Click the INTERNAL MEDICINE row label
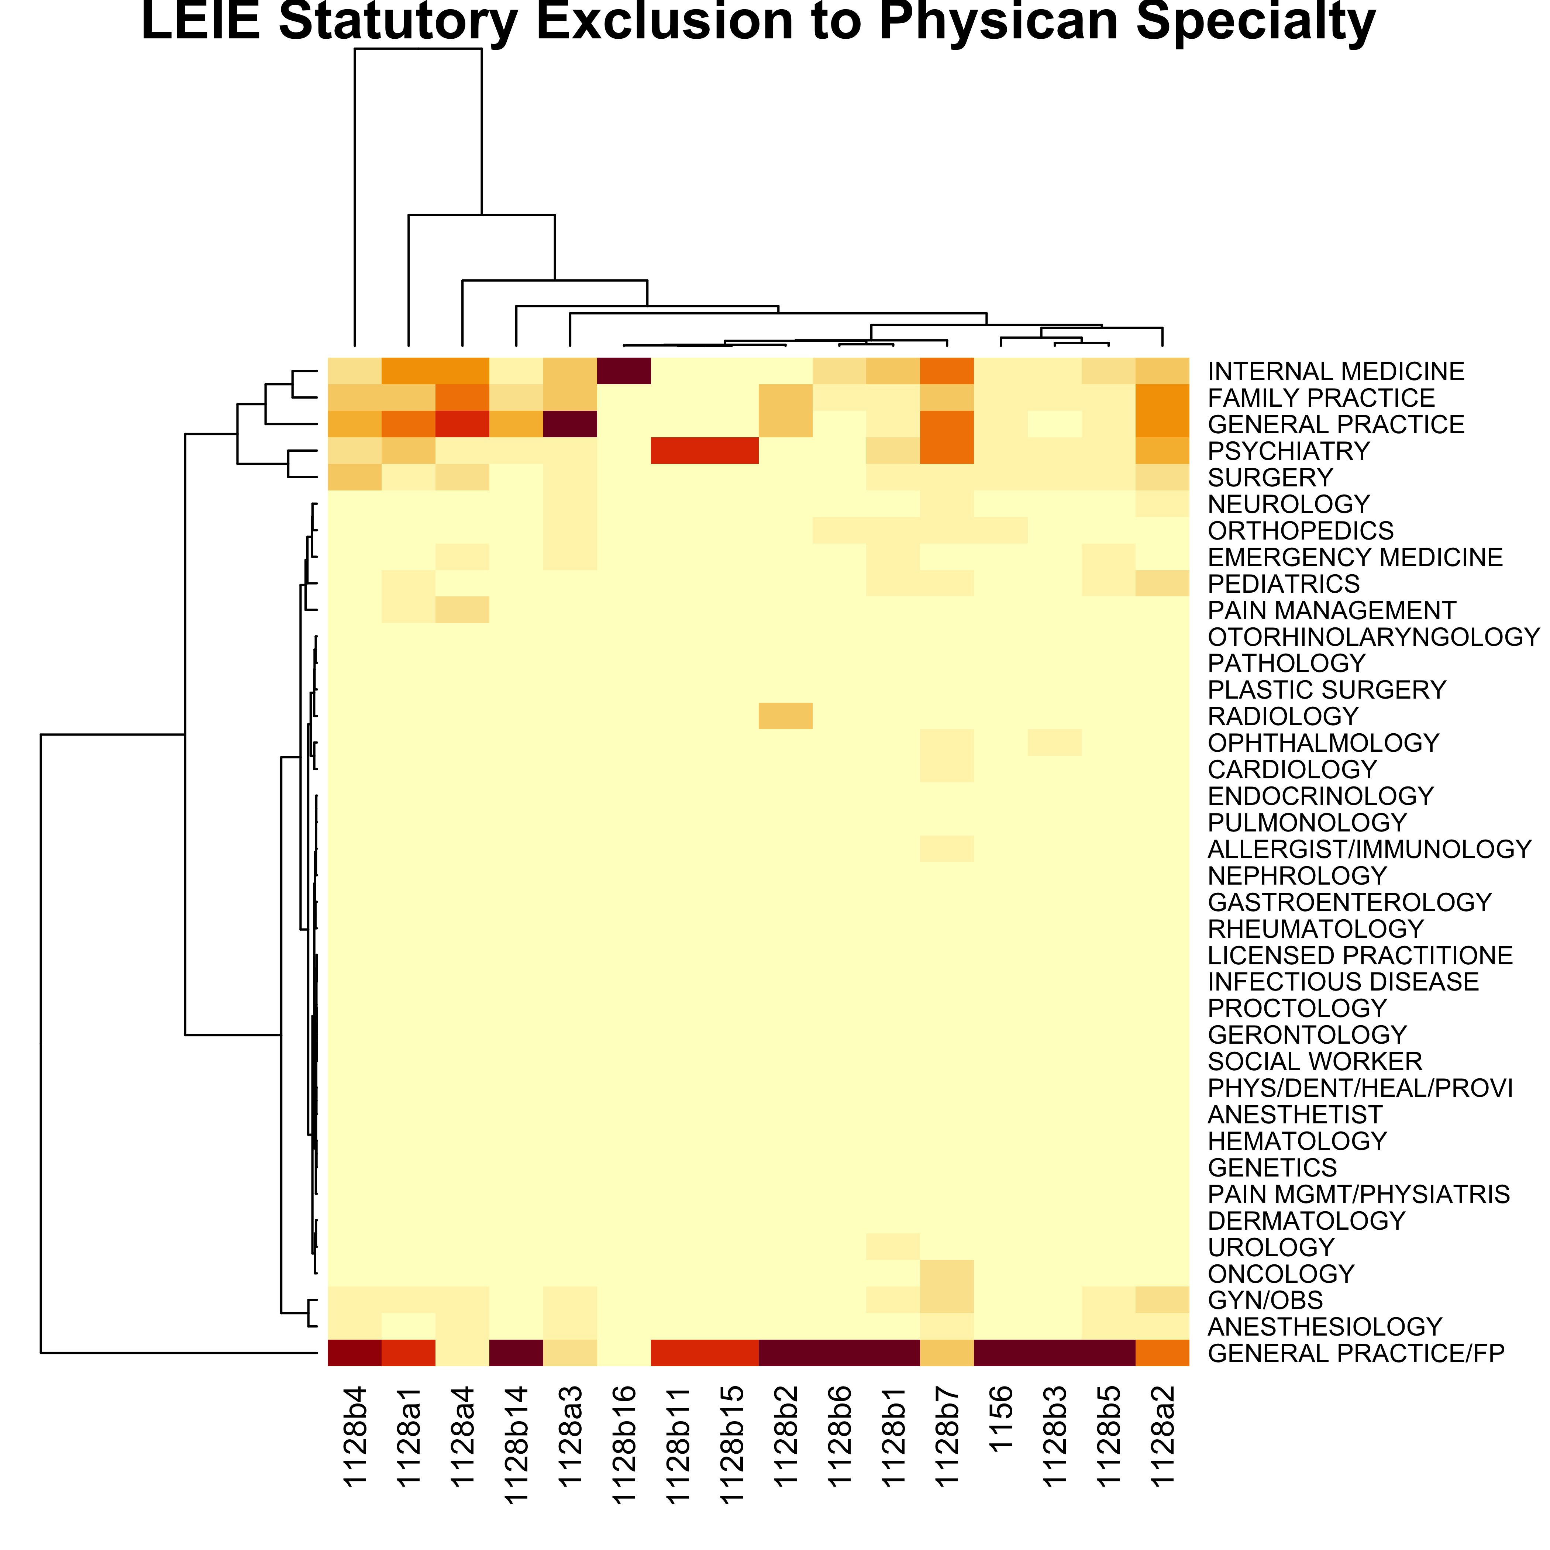click(1336, 372)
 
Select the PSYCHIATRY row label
click(1288, 451)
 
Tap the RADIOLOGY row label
click(1283, 716)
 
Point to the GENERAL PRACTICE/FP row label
click(1356, 1353)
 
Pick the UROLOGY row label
click(1271, 1247)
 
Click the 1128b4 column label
click(355, 1436)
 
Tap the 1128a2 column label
click(1162, 1436)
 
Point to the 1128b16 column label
click(623, 1443)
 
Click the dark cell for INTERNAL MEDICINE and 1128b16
click(623, 372)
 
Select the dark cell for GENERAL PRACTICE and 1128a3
click(569, 424)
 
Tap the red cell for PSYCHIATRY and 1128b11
click(677, 451)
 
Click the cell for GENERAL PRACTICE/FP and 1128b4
click(355, 1353)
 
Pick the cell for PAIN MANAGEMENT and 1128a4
click(462, 610)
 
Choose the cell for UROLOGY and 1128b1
click(893, 1247)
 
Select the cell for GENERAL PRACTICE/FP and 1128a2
click(1162, 1353)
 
